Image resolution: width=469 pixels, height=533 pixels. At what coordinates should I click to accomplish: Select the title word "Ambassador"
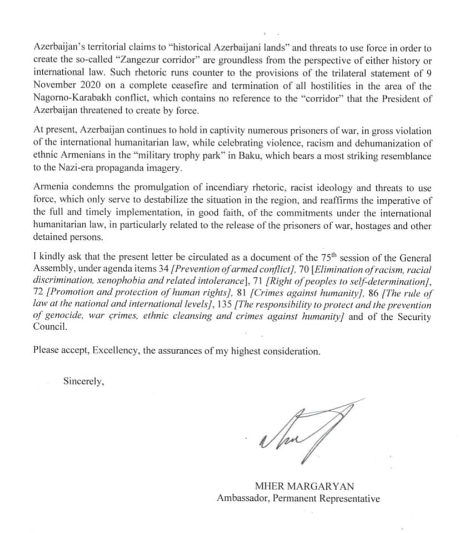click(243, 499)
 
